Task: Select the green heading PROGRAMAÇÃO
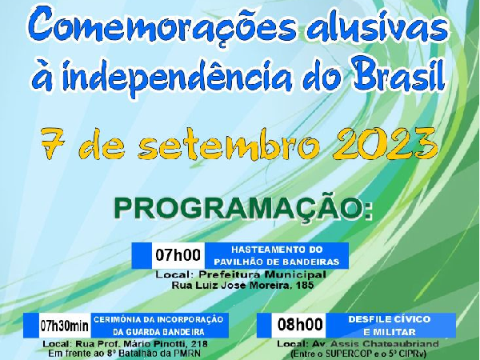pyautogui.click(x=243, y=206)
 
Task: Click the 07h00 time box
pyautogui.click(x=178, y=255)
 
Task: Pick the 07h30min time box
pyautogui.click(x=64, y=326)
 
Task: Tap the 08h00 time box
pyautogui.click(x=300, y=325)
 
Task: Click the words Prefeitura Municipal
pyautogui.click(x=262, y=274)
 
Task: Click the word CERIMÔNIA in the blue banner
pyautogui.click(x=120, y=319)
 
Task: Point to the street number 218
pyautogui.click(x=198, y=343)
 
